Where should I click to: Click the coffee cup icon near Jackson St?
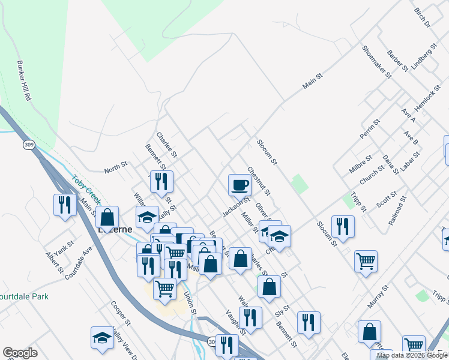click(240, 184)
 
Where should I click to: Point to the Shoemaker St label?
click(376, 62)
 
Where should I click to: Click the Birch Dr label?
click(422, 18)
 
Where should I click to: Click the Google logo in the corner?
click(20, 353)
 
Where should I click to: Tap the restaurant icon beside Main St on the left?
click(63, 205)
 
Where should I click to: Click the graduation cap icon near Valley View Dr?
click(102, 338)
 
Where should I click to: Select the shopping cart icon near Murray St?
click(366, 261)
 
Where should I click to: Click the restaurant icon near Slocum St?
click(342, 226)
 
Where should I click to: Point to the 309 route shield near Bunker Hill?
click(29, 145)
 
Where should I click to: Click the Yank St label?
click(61, 247)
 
